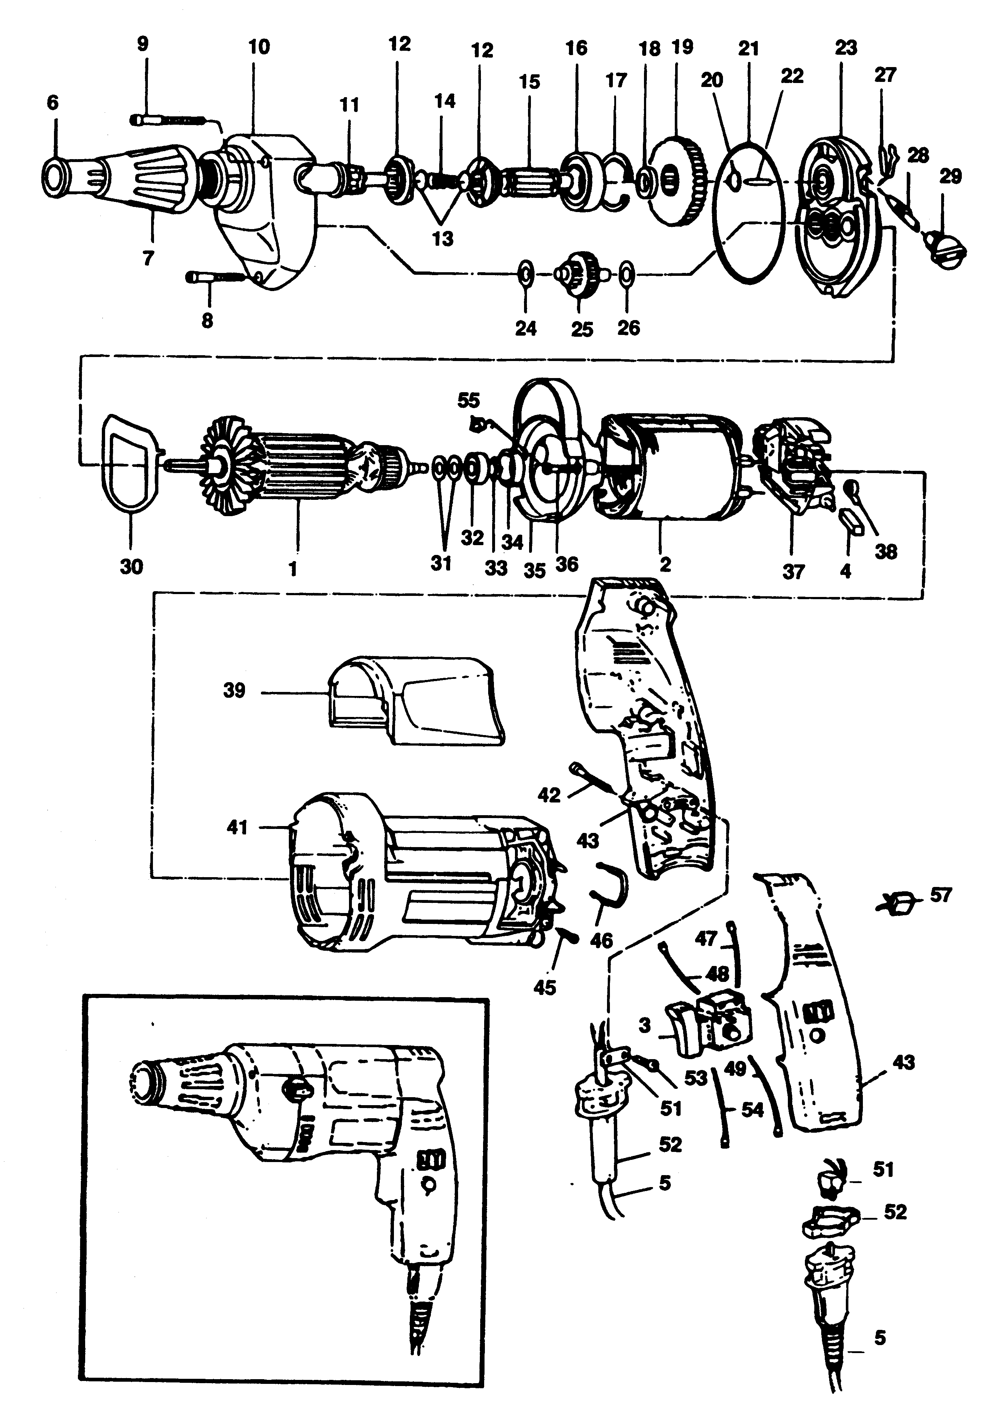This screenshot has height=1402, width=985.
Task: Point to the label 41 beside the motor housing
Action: pos(237,827)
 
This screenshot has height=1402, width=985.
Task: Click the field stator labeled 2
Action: pos(669,470)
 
